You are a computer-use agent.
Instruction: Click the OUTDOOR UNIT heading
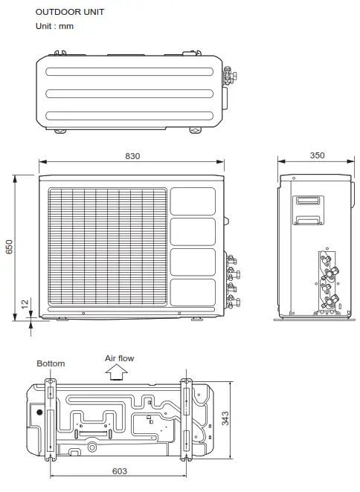click(x=70, y=12)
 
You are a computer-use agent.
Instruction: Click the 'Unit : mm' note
click(x=54, y=27)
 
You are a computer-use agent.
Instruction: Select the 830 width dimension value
click(x=132, y=156)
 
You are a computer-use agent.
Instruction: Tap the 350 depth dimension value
click(x=316, y=156)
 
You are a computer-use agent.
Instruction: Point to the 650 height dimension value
click(x=10, y=247)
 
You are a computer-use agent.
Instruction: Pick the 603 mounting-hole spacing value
click(x=119, y=470)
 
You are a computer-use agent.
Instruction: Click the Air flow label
click(x=119, y=358)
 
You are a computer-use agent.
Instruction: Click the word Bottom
click(x=51, y=363)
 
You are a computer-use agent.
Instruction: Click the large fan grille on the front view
click(x=108, y=248)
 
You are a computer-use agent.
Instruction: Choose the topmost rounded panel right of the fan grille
click(x=193, y=201)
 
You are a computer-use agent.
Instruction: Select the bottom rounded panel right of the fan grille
click(x=193, y=293)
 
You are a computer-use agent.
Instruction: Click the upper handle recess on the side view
click(x=307, y=201)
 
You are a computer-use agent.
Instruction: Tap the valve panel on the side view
click(x=327, y=279)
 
